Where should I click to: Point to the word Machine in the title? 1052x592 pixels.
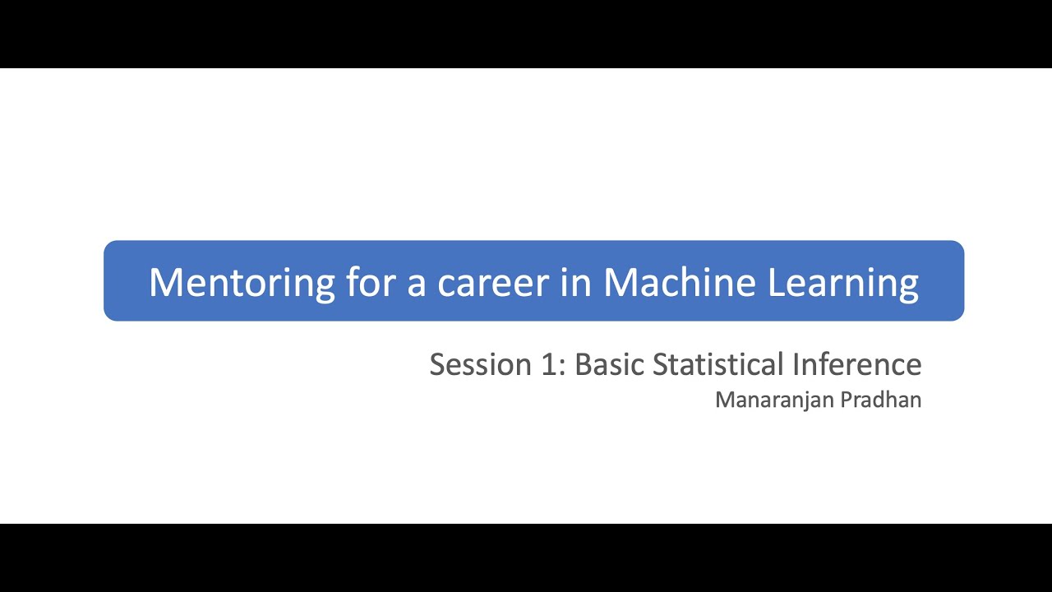[679, 282]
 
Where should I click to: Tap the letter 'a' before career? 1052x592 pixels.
[419, 284]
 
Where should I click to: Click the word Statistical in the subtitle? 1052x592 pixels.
[718, 364]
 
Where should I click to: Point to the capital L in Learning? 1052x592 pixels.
[775, 282]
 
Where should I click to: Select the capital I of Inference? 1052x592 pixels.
[796, 364]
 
